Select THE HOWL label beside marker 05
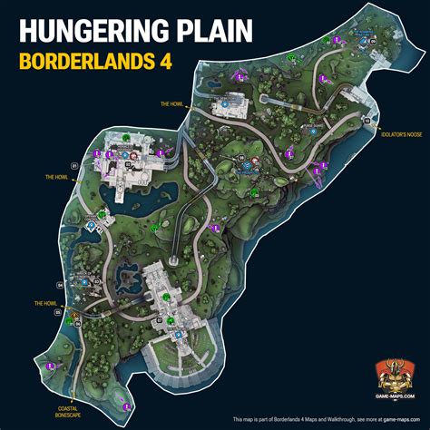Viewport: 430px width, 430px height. [45, 303]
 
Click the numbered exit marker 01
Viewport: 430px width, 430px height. [73, 165]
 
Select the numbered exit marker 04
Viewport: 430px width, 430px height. [61, 285]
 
